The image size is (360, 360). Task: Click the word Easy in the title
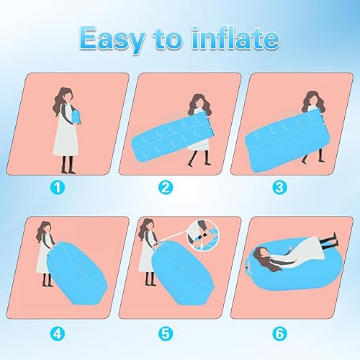112,39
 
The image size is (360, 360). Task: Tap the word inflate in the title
236,37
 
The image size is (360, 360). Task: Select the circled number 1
58,187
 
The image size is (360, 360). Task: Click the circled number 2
166,187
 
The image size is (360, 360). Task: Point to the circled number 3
279,187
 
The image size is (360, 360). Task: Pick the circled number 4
58,333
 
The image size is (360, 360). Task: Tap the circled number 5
166,333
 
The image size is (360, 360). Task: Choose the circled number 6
279,333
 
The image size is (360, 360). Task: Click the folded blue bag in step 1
76,117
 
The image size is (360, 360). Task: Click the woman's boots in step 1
68,165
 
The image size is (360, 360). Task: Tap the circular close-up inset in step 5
204,236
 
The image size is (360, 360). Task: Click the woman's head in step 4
45,231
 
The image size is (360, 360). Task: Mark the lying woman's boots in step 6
329,241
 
